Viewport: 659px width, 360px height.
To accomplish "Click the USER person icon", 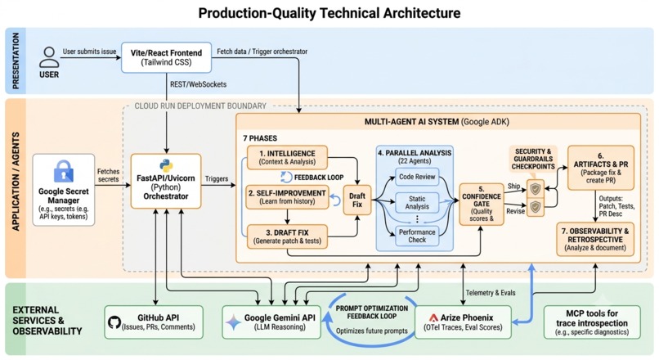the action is (x=49, y=57).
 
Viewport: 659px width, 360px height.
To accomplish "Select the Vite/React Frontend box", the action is (x=167, y=57).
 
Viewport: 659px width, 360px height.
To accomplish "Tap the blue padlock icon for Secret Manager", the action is (x=64, y=171).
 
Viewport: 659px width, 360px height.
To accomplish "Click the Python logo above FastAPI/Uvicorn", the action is (x=166, y=166).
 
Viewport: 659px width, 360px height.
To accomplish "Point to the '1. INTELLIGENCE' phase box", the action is (x=287, y=157).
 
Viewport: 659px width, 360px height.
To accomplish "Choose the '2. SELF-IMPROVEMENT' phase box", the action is (x=287, y=197).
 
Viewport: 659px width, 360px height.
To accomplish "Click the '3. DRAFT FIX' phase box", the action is (x=287, y=236).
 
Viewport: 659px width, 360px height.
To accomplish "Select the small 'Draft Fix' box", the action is (x=357, y=200).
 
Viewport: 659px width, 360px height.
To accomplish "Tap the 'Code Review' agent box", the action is (x=417, y=177).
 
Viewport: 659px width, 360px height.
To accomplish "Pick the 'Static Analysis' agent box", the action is (x=417, y=202).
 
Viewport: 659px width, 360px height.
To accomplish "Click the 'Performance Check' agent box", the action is (x=417, y=236).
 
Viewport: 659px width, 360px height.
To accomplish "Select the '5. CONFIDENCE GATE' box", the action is (x=482, y=204).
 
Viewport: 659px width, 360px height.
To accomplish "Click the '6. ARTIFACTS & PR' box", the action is (x=601, y=168).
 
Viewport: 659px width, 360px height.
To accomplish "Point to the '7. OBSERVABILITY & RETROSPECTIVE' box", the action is (x=595, y=239).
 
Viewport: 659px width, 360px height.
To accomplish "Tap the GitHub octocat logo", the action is (x=114, y=322).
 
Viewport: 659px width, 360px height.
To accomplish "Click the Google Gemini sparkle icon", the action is (x=233, y=323).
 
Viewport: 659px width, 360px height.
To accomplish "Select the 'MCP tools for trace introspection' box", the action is (x=592, y=322).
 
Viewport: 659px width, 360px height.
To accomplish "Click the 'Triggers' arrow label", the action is (x=217, y=178).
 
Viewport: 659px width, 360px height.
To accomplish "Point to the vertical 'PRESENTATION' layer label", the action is (x=16, y=61).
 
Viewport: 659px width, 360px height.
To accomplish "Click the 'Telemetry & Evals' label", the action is (x=491, y=293).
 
